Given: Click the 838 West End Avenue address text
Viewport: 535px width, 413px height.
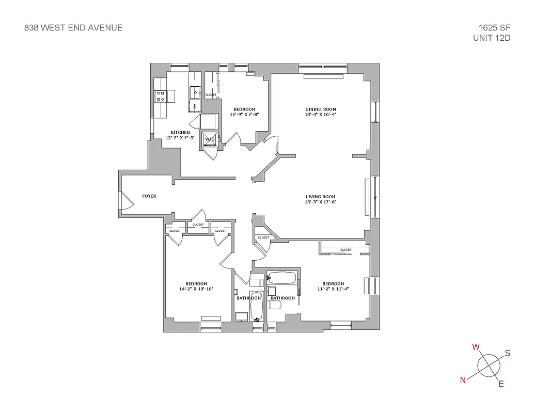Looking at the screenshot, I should tap(73, 28).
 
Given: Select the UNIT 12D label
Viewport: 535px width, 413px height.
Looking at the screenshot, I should tap(492, 38).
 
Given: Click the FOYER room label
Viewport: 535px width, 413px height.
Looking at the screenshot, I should tap(149, 196).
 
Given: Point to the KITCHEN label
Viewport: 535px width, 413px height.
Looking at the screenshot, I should tap(177, 133).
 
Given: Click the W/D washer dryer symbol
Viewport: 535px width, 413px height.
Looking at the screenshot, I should tap(210, 139).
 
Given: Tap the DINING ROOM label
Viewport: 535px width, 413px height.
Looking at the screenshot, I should tap(321, 109).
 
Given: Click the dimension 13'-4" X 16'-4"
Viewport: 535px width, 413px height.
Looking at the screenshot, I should tap(321, 115).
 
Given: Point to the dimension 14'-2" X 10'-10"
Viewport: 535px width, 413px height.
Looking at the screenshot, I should tap(196, 289).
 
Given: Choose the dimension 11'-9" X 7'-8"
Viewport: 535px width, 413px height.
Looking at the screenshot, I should tap(244, 115).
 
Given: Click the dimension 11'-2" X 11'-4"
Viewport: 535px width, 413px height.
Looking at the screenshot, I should tap(333, 289).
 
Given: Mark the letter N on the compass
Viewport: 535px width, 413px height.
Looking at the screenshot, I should tap(463, 380).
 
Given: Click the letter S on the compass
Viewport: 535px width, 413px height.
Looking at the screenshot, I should tap(507, 353).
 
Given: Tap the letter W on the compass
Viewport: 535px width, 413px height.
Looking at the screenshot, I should tap(476, 346).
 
